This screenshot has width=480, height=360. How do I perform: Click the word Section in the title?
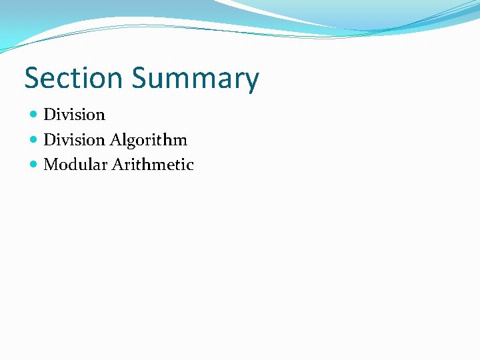point(74,78)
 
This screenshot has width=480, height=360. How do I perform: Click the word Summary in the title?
point(195,79)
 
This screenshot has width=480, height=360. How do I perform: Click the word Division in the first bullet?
point(74,115)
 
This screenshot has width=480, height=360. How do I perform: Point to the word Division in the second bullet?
point(74,140)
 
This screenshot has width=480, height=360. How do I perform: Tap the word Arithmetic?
point(153,165)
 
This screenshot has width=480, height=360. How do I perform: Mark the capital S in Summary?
point(139,78)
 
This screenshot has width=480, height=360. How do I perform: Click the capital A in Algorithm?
point(115,140)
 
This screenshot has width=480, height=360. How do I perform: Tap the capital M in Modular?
point(50,165)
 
